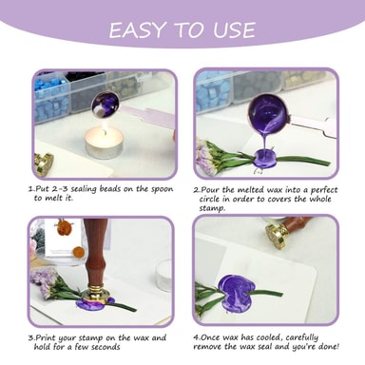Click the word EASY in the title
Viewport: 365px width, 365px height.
(137, 30)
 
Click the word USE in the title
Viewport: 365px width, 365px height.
(234, 30)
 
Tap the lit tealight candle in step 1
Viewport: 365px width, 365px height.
(104, 144)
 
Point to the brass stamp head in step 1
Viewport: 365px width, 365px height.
(44, 163)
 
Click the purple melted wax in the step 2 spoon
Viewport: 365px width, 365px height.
(264, 112)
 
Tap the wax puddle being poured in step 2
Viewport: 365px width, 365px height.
(265, 157)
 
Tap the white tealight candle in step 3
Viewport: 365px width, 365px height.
(163, 275)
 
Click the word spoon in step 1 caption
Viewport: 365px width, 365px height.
(163, 190)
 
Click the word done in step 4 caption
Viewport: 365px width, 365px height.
(329, 346)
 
